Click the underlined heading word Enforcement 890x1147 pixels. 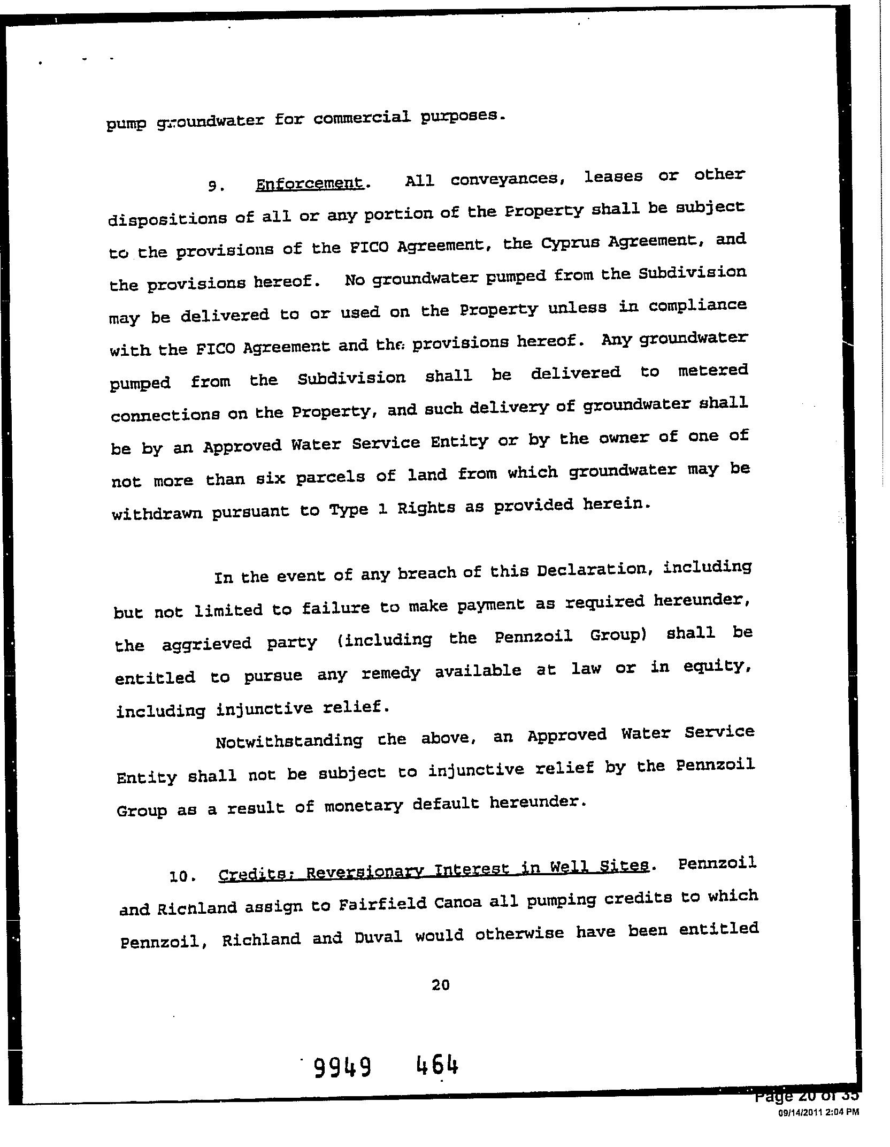[310, 184]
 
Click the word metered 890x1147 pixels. [712, 370]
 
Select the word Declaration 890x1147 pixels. [594, 570]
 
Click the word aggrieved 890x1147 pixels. [206, 643]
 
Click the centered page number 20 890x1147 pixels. [440, 984]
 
